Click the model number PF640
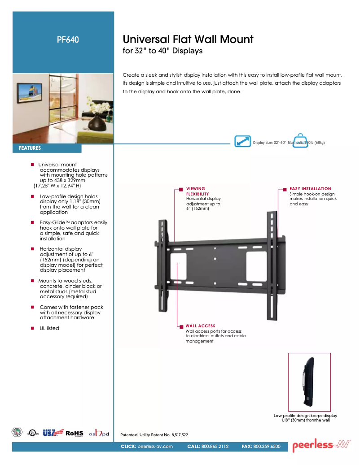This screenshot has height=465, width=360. (x=68, y=39)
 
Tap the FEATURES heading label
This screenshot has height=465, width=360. (x=30, y=148)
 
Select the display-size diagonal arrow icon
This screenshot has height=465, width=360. (x=243, y=141)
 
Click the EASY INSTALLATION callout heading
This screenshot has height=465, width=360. (x=310, y=189)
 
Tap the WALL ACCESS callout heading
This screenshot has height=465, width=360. (x=200, y=326)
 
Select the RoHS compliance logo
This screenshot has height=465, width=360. (x=75, y=433)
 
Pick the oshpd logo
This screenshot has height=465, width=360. (x=99, y=433)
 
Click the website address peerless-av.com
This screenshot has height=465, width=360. (x=155, y=447)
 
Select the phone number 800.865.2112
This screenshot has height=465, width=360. (x=215, y=447)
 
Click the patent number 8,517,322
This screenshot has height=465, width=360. (x=179, y=435)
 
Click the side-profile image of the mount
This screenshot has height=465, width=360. (x=309, y=382)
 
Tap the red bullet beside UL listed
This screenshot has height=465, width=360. (x=33, y=328)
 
